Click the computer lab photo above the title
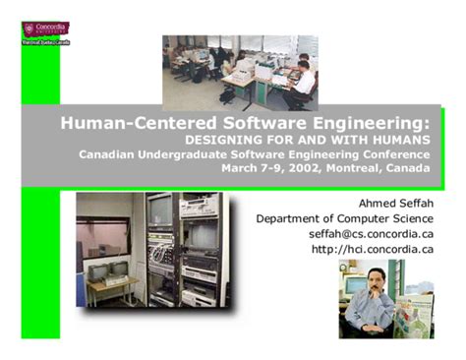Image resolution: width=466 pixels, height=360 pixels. [x=240, y=72]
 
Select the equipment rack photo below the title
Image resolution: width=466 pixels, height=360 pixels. [x=152, y=250]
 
